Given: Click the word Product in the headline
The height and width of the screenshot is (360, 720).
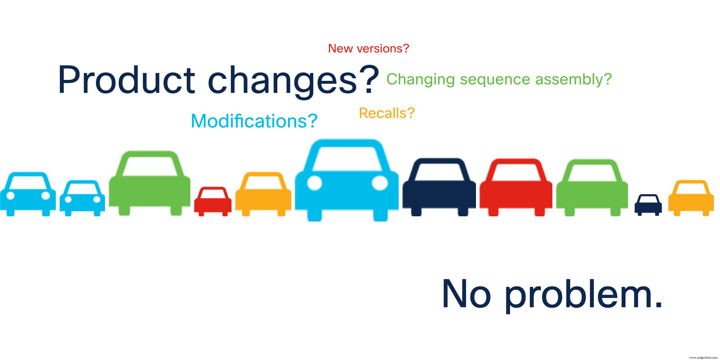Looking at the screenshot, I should (x=126, y=80).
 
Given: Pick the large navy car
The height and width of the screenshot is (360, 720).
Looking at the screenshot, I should (x=439, y=193).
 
